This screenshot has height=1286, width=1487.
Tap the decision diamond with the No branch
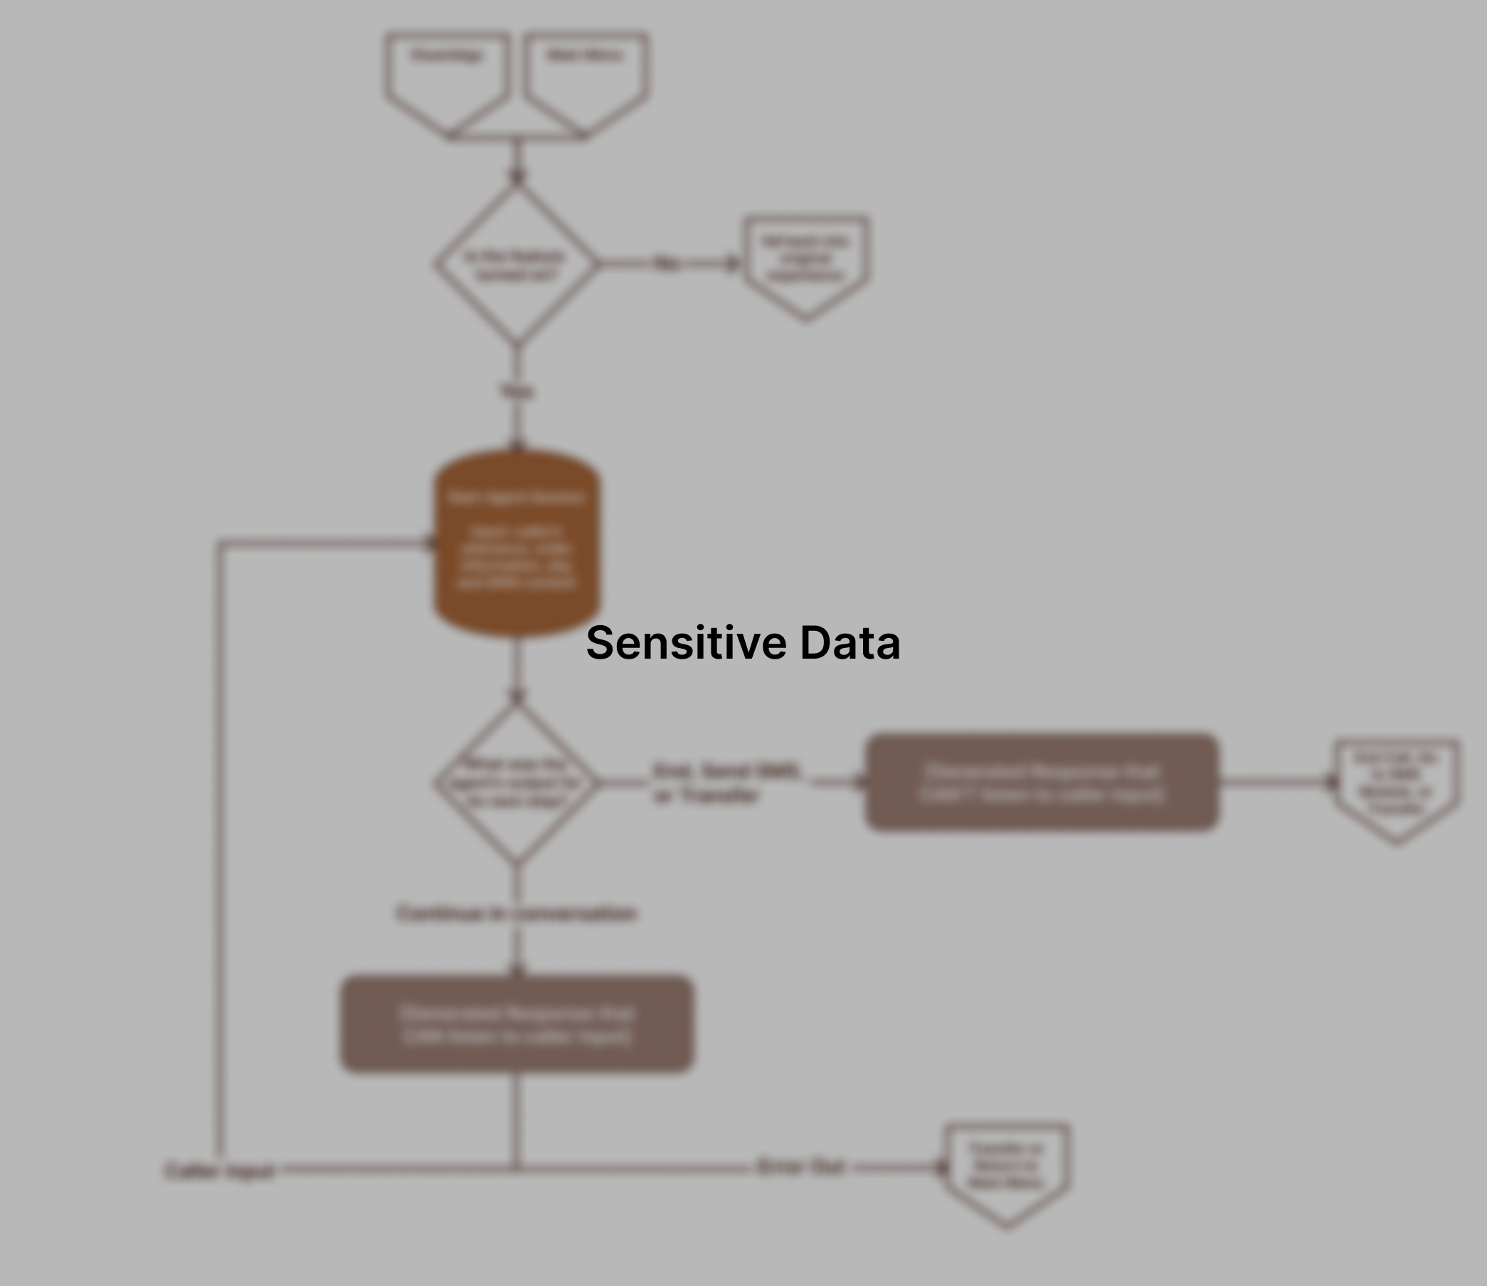pyautogui.click(x=517, y=264)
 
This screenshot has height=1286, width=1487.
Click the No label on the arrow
pyautogui.click(x=667, y=264)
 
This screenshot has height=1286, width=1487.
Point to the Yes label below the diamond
pyautogui.click(x=517, y=391)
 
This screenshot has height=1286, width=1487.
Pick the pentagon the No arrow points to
pyautogui.click(x=806, y=262)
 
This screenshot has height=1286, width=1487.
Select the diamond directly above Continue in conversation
pyautogui.click(x=517, y=783)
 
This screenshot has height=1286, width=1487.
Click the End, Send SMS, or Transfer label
pyautogui.click(x=726, y=783)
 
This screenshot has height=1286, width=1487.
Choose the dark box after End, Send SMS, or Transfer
pyautogui.click(x=1042, y=783)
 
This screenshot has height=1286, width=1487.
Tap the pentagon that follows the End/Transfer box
pyautogui.click(x=1397, y=786)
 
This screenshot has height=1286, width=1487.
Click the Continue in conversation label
pyautogui.click(x=517, y=913)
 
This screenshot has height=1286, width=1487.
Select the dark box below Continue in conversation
pyautogui.click(x=517, y=1024)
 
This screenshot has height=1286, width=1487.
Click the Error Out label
pyautogui.click(x=801, y=1168)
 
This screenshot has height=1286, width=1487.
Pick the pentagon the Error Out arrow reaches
pyautogui.click(x=1007, y=1170)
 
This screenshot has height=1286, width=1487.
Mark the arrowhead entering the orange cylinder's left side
pyautogui.click(x=430, y=543)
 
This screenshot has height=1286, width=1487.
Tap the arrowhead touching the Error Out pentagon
pyautogui.click(x=941, y=1169)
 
